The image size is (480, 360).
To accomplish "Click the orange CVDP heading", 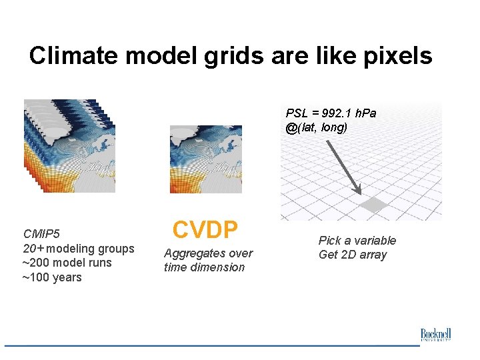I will [205, 230].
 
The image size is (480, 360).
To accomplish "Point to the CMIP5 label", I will [41, 234].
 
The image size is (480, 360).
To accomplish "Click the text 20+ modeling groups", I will [79, 249].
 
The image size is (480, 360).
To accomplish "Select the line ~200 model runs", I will [67, 263].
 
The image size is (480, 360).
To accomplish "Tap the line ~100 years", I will [52, 277].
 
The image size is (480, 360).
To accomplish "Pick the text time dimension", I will [204, 267].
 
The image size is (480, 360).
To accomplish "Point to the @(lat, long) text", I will [316, 127].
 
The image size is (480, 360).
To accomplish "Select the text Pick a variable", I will [357, 241].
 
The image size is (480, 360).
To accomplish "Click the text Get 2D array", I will [352, 255].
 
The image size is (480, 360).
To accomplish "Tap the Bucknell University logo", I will [435, 335].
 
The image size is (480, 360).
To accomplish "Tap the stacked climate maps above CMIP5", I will [69, 146].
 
